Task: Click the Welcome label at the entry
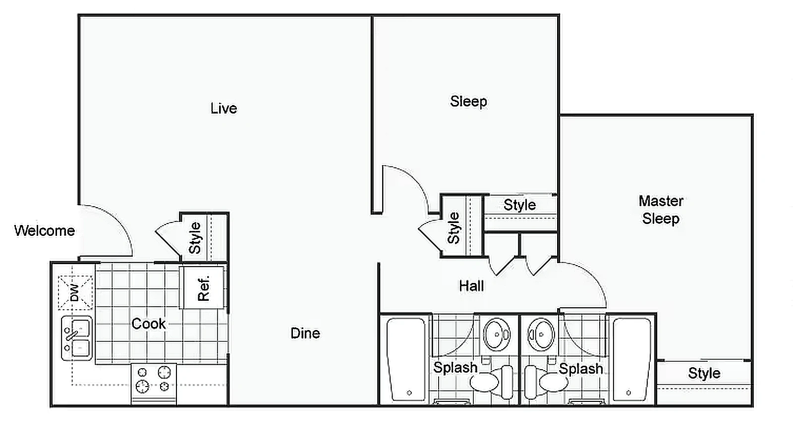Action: click(45, 230)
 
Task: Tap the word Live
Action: click(224, 109)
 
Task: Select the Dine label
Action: click(305, 333)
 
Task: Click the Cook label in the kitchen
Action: click(148, 324)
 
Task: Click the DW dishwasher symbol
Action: click(75, 292)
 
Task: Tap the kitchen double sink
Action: click(76, 338)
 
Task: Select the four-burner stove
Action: click(154, 381)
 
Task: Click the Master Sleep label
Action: click(661, 210)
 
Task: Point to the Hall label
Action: click(471, 286)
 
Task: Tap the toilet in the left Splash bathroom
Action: click(491, 382)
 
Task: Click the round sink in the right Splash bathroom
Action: click(541, 334)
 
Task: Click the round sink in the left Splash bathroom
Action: click(497, 334)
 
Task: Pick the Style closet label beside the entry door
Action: click(195, 238)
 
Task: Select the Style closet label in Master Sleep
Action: click(704, 373)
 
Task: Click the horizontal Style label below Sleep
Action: click(519, 205)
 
